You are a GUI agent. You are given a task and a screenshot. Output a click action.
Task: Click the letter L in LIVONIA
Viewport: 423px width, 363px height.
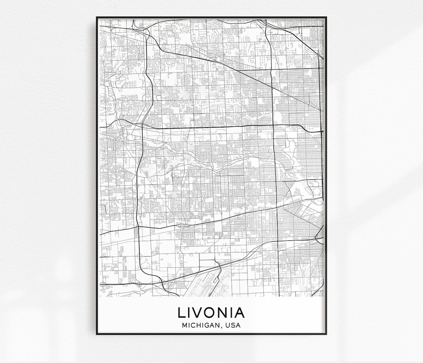point(182,312)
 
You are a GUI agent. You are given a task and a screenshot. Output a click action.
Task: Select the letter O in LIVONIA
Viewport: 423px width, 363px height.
point(212,312)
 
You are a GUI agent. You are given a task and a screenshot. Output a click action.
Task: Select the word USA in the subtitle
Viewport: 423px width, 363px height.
point(234,325)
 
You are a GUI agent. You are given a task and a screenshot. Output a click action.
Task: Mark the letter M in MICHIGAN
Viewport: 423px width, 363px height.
point(184,325)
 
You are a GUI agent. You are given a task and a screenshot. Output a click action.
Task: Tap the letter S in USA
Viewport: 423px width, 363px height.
point(234,325)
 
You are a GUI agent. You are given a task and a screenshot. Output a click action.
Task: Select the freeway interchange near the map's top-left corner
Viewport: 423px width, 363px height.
point(146,32)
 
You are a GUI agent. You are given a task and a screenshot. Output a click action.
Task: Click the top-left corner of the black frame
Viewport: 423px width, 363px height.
point(97,17)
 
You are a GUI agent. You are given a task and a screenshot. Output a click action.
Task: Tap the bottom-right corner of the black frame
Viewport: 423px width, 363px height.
point(326,334)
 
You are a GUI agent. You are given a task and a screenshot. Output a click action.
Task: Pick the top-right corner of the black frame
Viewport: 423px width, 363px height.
point(326,17)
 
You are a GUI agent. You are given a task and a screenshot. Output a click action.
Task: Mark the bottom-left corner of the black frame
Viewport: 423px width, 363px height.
point(97,334)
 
